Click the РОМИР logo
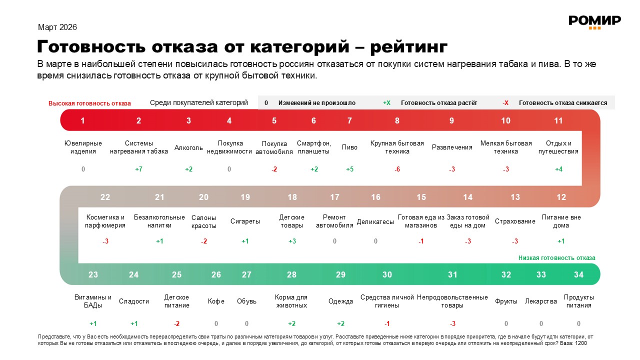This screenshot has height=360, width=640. coord(594,21)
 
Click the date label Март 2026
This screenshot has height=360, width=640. coord(57,27)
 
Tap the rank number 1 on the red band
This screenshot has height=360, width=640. coord(83,120)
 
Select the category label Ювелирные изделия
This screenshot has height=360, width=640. coord(83,147)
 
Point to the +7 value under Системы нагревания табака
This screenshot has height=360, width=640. coord(139,169)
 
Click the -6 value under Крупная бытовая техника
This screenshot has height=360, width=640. coord(397,169)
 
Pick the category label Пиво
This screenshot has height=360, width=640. coord(349,147)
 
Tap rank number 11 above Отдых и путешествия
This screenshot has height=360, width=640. coord(558,120)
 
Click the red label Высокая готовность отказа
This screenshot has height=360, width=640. coord(89,103)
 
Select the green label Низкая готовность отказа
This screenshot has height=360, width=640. coord(556,258)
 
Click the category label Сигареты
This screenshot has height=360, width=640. coord(245,221)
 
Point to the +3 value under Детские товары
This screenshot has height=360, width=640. coord(292,241)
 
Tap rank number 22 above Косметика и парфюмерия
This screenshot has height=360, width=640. coord(105,197)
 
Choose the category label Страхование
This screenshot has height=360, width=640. coord(515,221)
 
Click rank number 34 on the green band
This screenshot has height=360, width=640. coord(578,274)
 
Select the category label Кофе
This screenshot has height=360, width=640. coord(216,301)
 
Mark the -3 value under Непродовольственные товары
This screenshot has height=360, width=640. coord(452,323)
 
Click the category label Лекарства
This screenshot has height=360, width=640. coord(541,301)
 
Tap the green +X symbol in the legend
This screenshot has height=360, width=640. coord(386,103)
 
